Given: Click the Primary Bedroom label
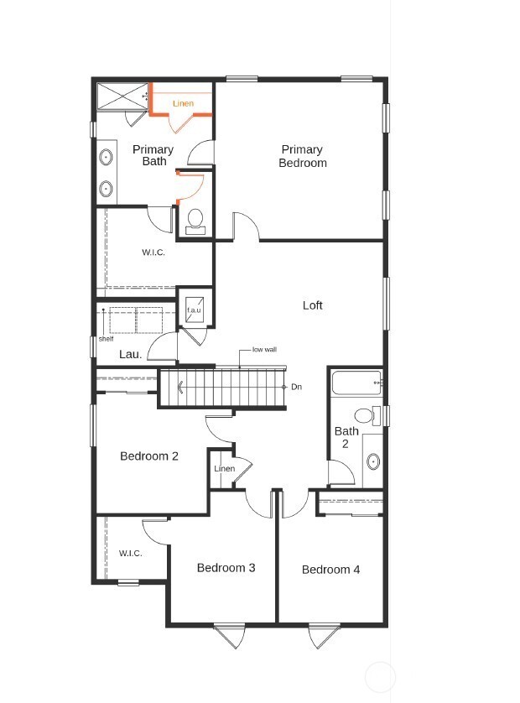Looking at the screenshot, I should click(303, 156).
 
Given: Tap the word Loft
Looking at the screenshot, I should click(312, 305).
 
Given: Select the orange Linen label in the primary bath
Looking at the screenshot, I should click(183, 104).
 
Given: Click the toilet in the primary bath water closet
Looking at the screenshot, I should click(195, 220).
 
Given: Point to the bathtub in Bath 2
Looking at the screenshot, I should click(356, 383).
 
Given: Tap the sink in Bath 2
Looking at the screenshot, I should click(372, 461).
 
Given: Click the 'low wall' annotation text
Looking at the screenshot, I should click(264, 350).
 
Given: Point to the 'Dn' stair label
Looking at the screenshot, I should click(296, 387).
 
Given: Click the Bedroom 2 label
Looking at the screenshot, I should click(149, 456).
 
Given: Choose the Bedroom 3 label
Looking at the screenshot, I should click(226, 568).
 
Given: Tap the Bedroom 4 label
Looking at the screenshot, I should click(330, 570).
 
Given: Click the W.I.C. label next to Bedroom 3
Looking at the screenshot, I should click(130, 553).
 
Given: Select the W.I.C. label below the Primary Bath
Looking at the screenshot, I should click(153, 253).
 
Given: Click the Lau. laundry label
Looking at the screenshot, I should click(130, 354).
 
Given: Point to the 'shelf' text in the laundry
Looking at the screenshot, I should click(106, 339).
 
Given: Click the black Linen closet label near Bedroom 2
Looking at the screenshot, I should click(224, 468).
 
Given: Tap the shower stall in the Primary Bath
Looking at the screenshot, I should click(120, 96).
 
